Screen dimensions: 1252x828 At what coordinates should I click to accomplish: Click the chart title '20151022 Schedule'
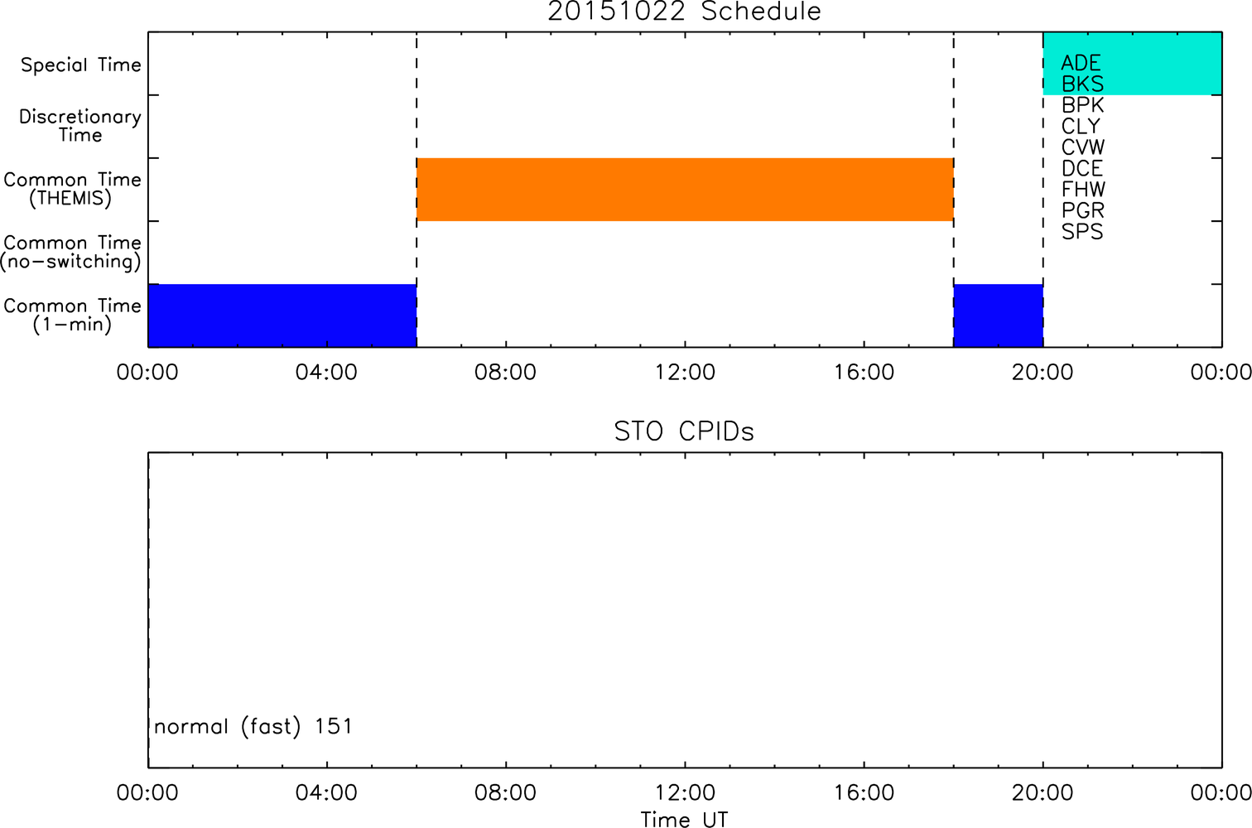pyautogui.click(x=684, y=12)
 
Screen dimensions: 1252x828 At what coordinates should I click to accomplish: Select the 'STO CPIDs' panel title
pyautogui.click(x=684, y=431)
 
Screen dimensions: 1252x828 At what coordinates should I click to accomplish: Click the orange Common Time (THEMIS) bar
pyautogui.click(x=685, y=190)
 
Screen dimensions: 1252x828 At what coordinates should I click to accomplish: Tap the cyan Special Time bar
pyautogui.click(x=1133, y=63)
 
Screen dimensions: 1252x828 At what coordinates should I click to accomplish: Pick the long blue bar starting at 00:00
pyautogui.click(x=282, y=315)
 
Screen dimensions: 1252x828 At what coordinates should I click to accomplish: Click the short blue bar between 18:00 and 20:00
pyautogui.click(x=999, y=315)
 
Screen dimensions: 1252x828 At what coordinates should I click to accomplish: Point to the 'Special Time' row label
pyautogui.click(x=81, y=65)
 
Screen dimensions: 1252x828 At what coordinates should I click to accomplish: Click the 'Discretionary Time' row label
pyautogui.click(x=80, y=126)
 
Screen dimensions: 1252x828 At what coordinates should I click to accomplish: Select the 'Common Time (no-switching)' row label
pyautogui.click(x=71, y=253)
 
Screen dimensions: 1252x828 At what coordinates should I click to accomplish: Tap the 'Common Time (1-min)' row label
pyautogui.click(x=72, y=315)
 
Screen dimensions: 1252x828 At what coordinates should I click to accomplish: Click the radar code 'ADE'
pyautogui.click(x=1081, y=63)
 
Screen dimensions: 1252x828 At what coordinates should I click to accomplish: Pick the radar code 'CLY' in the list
pyautogui.click(x=1081, y=126)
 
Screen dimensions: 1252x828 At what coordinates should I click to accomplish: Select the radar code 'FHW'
pyautogui.click(x=1083, y=189)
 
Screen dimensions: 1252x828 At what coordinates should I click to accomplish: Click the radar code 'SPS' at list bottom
pyautogui.click(x=1082, y=232)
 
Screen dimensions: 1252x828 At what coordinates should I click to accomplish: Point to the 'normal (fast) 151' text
pyautogui.click(x=253, y=726)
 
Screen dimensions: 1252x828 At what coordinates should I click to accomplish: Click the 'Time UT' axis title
pyautogui.click(x=685, y=820)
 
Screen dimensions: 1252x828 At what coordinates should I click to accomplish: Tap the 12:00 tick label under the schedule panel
pyautogui.click(x=685, y=373)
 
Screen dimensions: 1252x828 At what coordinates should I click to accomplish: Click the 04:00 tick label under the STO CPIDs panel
pyautogui.click(x=326, y=792)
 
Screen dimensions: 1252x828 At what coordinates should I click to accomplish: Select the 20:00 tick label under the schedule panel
pyautogui.click(x=1043, y=373)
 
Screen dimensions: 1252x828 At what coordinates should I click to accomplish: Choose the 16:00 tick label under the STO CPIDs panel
pyautogui.click(x=864, y=792)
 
